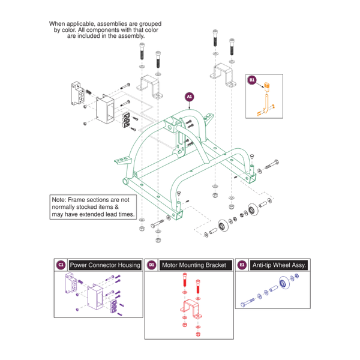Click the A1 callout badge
[190, 96]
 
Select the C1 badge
[61, 265]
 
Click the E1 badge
[242, 265]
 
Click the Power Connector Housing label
[105, 265]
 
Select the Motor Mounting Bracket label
[196, 265]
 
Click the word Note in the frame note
[60, 199]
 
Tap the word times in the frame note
[124, 214]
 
